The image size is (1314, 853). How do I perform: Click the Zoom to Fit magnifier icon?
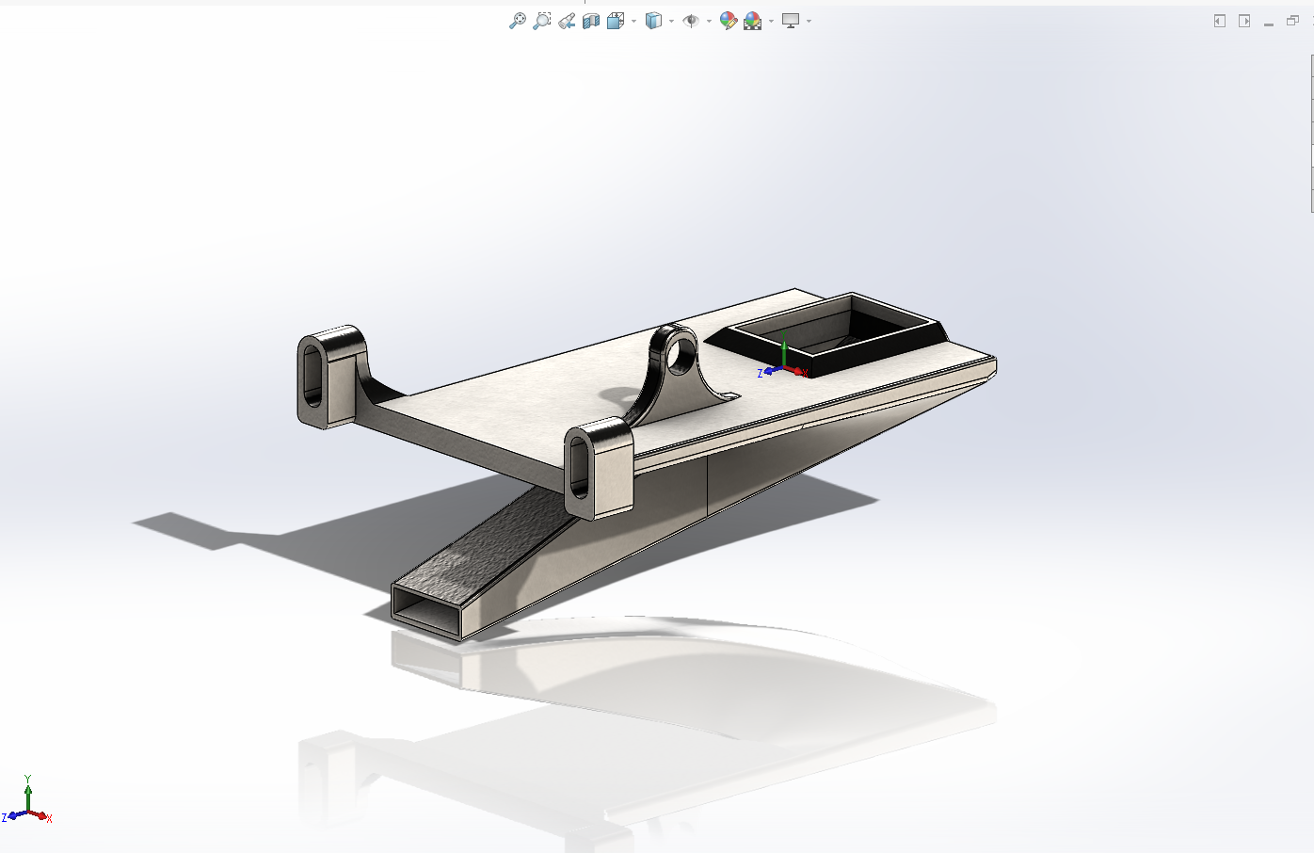coord(517,21)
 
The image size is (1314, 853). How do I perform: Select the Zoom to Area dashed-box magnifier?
coord(541,21)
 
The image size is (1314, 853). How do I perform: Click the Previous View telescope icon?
coord(567,21)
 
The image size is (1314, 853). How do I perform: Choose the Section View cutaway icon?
coord(591,21)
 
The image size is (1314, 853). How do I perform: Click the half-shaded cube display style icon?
coord(653,21)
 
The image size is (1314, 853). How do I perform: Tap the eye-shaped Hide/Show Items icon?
coord(691,21)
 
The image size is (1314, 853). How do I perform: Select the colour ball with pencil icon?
coord(728,21)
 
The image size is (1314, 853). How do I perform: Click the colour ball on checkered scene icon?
coord(753,21)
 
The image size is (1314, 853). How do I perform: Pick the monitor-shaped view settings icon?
coord(791,21)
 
